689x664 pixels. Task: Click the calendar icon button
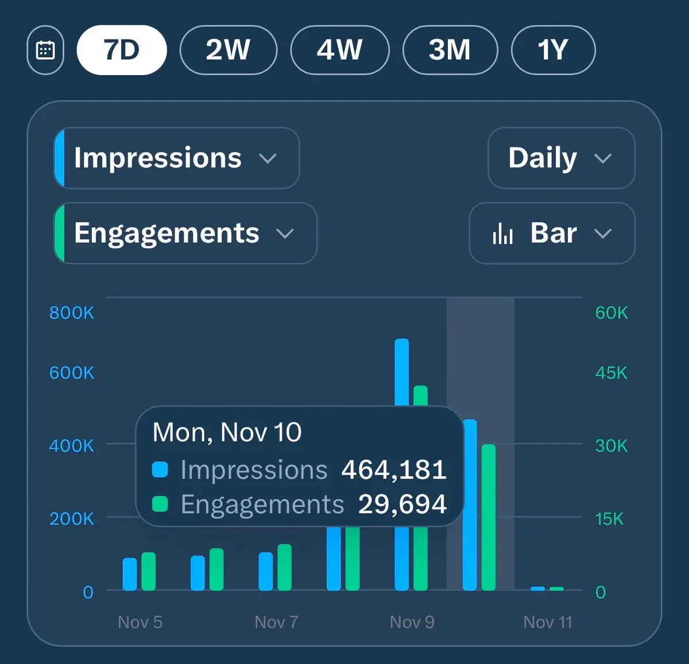pyautogui.click(x=45, y=51)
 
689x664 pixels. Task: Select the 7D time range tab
pyautogui.click(x=122, y=51)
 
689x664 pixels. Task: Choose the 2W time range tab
pyautogui.click(x=228, y=51)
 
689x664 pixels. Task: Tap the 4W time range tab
pyautogui.click(x=339, y=51)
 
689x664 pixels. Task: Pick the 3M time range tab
pyautogui.click(x=450, y=51)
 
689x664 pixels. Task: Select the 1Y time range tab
pyautogui.click(x=553, y=51)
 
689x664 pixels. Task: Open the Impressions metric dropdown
pyautogui.click(x=177, y=158)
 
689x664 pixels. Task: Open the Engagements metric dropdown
pyautogui.click(x=185, y=233)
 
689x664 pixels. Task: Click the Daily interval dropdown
pyautogui.click(x=561, y=158)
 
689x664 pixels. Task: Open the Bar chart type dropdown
pyautogui.click(x=552, y=233)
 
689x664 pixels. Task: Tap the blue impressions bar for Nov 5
pyautogui.click(x=130, y=574)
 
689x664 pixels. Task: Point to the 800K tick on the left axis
pyautogui.click(x=71, y=313)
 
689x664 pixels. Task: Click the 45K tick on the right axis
pyautogui.click(x=611, y=373)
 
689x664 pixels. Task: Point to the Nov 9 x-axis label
pyautogui.click(x=412, y=622)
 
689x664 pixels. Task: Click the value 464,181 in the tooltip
pyautogui.click(x=394, y=470)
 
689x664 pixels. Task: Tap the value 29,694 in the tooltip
pyautogui.click(x=402, y=504)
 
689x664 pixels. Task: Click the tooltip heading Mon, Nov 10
pyautogui.click(x=227, y=433)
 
